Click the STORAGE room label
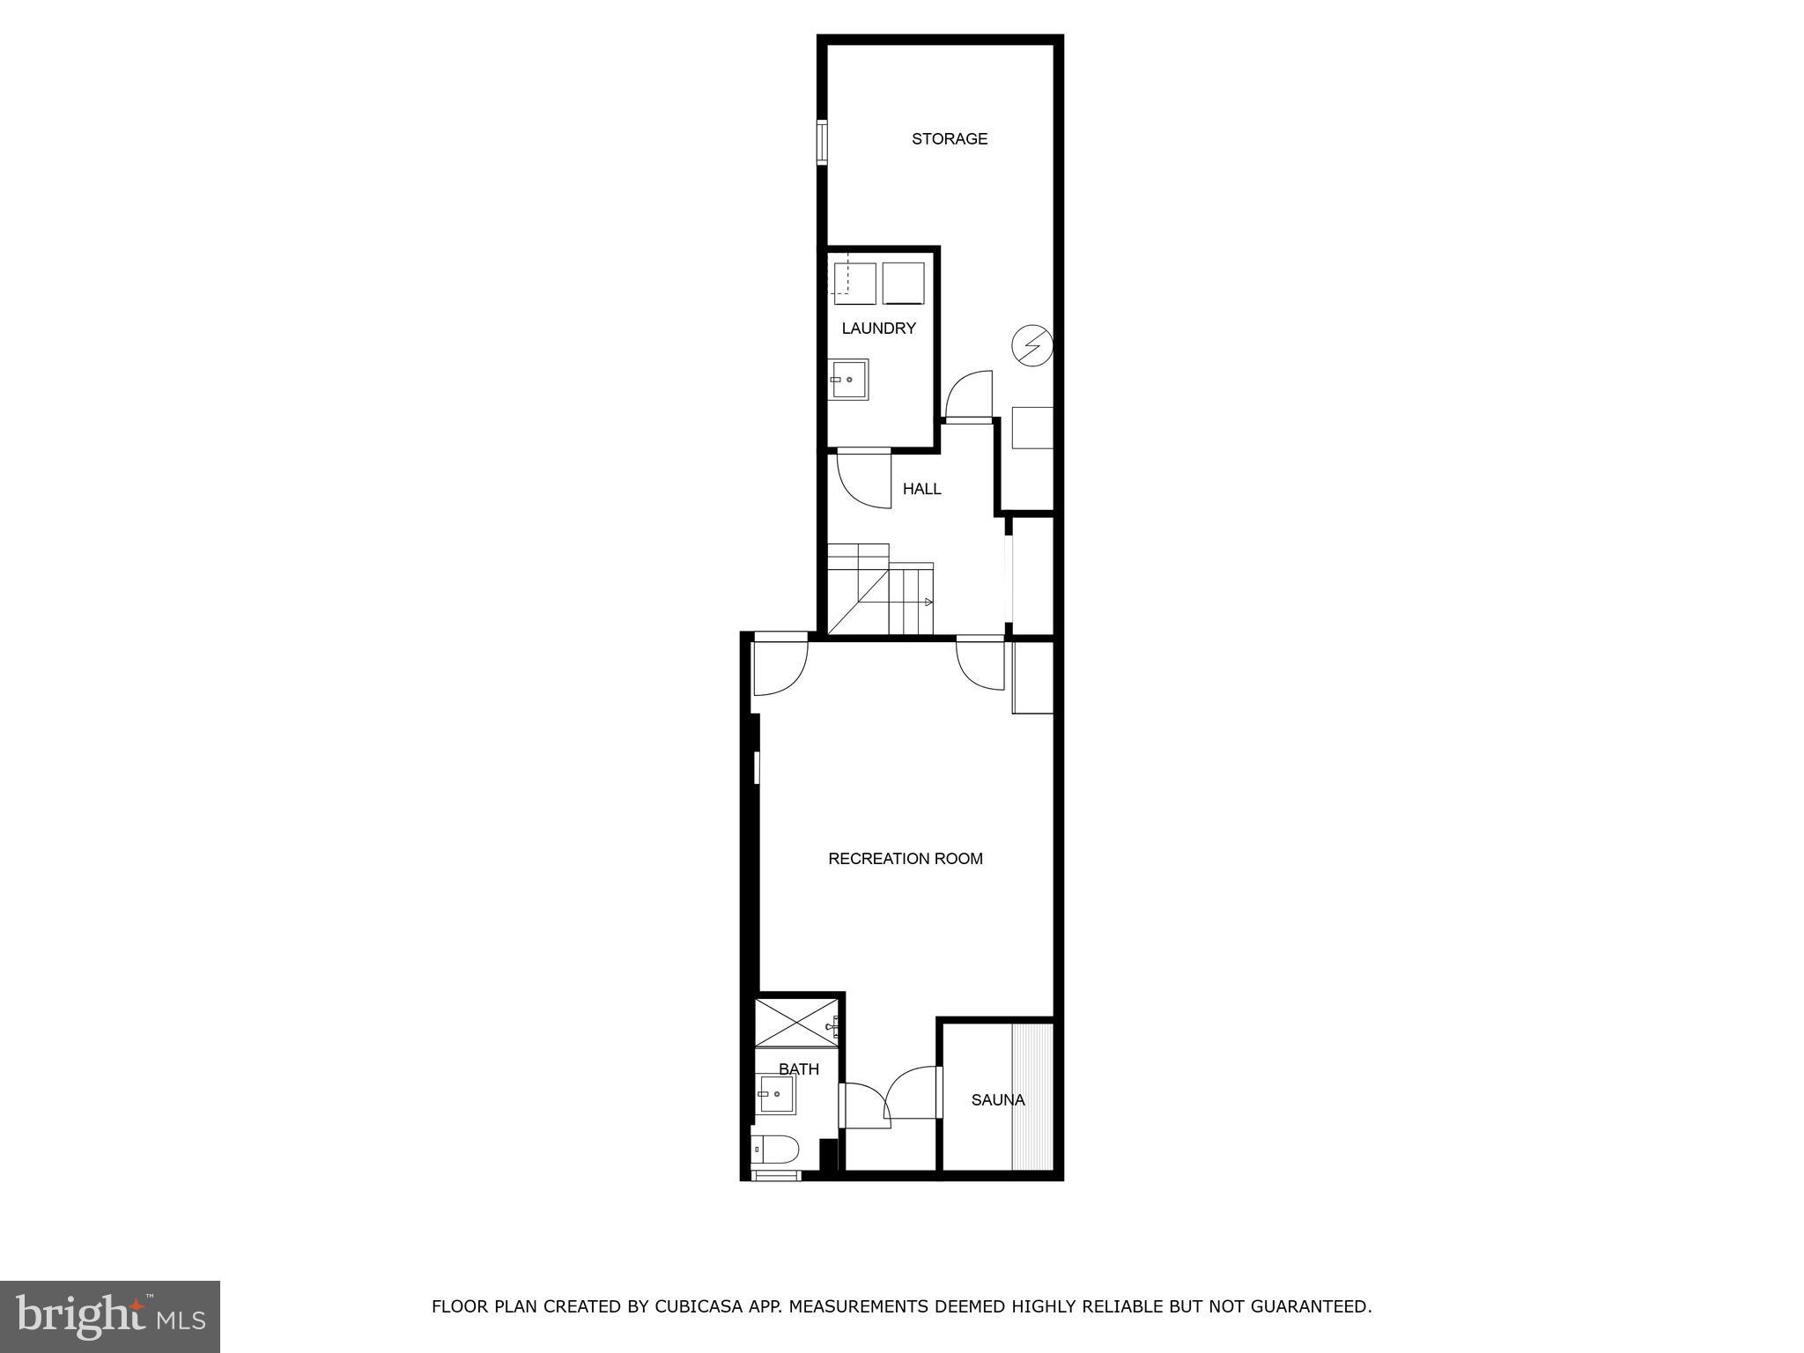[949, 138]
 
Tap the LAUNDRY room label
[878, 329]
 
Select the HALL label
[921, 489]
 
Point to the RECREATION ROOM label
[905, 859]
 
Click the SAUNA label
[997, 1100]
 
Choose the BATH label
[798, 1069]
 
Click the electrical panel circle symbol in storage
[1031, 344]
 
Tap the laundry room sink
[848, 379]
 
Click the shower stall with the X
[795, 1022]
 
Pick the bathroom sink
[777, 1094]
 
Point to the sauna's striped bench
[1032, 1097]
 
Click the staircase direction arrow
[927, 603]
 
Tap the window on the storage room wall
[821, 143]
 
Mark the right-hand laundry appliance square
[903, 283]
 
